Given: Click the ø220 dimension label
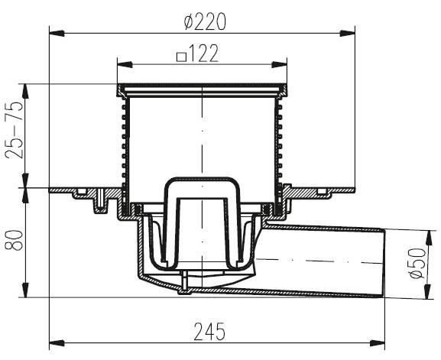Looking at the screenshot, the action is click(x=205, y=22).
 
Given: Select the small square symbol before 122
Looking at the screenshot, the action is click(x=182, y=57).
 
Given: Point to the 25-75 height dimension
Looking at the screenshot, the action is click(x=15, y=130).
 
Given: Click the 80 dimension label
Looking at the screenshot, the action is click(x=14, y=240).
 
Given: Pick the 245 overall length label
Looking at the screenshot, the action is click(x=209, y=331).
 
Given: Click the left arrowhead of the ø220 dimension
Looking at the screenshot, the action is click(x=57, y=33).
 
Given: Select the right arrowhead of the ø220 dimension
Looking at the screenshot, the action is click(x=347, y=33).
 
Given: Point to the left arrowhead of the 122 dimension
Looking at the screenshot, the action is click(x=125, y=64).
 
